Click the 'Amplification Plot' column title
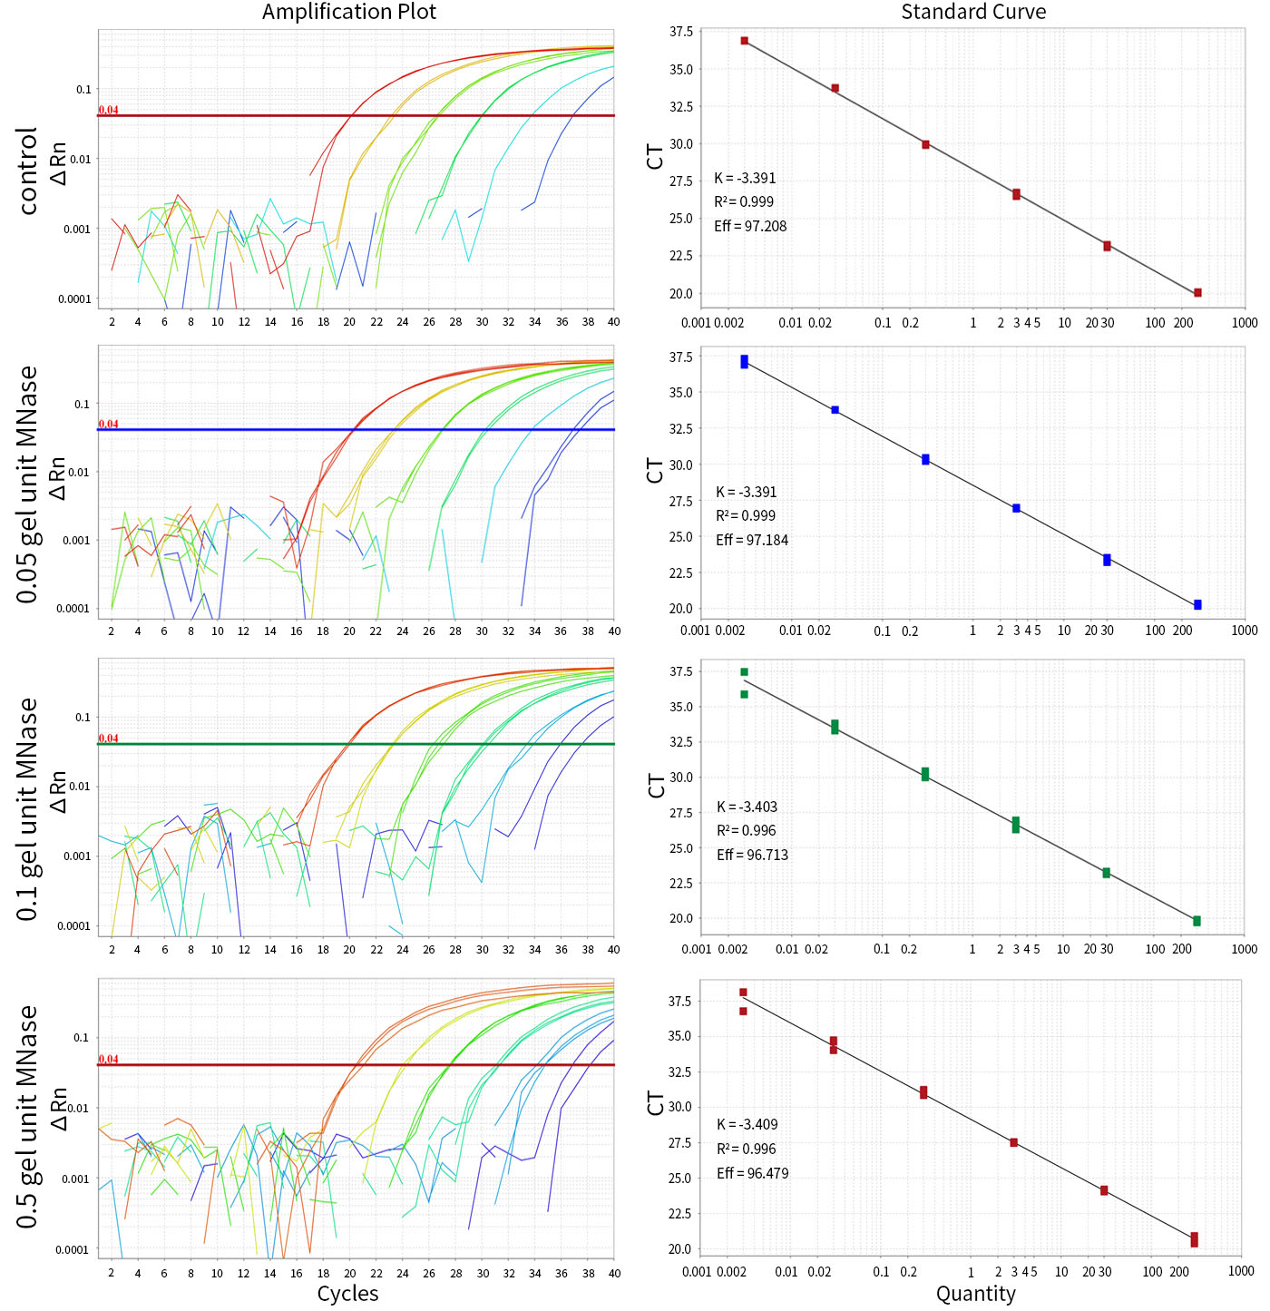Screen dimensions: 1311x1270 349,12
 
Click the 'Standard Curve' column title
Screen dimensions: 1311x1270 973,12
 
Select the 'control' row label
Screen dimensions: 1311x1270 28,171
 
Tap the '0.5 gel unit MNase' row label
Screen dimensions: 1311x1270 28,1117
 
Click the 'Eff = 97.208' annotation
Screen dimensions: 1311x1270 750,226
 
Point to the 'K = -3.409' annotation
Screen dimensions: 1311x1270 747,1124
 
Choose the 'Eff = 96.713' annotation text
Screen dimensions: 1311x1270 752,855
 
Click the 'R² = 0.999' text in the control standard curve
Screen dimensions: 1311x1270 744,201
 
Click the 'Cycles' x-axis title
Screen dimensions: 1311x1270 347,1294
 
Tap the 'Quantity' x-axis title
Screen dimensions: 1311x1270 975,1294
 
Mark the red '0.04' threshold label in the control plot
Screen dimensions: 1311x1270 108,110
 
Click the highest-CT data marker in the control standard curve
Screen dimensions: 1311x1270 745,41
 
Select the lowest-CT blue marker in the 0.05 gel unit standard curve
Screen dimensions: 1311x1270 1197,604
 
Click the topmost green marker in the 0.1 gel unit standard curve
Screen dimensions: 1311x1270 744,672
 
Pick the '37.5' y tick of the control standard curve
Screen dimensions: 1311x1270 680,32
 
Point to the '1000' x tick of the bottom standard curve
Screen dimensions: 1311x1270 1241,1271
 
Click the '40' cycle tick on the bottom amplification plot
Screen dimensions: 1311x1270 614,1273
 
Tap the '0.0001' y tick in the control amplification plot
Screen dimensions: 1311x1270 74,299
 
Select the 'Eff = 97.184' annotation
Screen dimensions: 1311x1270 752,540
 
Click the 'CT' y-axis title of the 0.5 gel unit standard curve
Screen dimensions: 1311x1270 655,1103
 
